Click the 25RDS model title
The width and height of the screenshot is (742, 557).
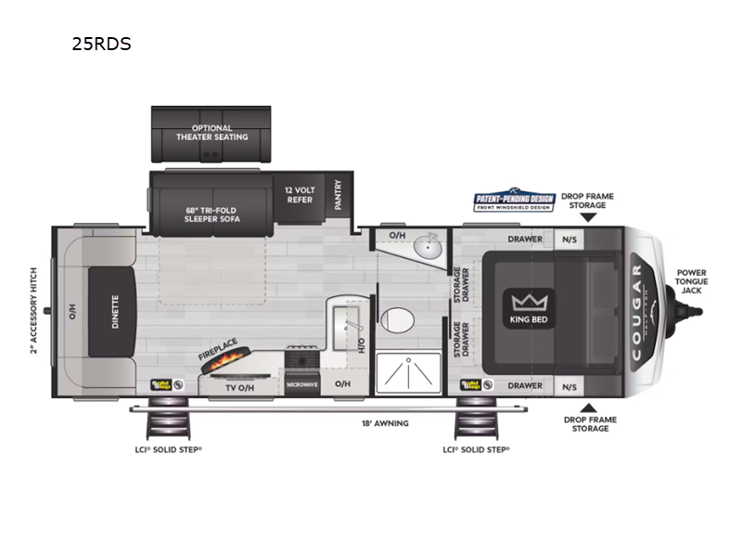(101, 44)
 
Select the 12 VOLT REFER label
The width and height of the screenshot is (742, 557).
(299, 194)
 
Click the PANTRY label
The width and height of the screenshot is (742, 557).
(339, 196)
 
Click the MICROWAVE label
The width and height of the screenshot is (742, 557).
(301, 383)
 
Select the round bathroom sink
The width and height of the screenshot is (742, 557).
(427, 247)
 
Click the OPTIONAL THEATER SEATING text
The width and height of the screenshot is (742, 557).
(212, 133)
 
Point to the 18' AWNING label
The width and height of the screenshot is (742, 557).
(385, 423)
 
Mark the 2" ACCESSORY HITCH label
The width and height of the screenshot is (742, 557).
(33, 311)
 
